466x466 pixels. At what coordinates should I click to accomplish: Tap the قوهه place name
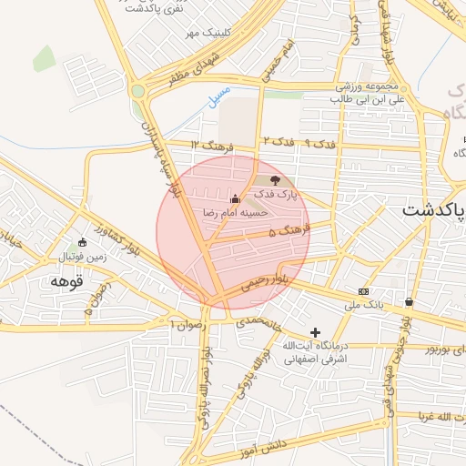tap(66, 280)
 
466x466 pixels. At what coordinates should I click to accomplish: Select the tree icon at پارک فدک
tap(276, 181)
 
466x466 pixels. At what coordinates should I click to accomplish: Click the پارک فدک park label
tap(275, 195)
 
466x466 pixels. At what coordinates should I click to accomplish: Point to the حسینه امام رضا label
tap(236, 212)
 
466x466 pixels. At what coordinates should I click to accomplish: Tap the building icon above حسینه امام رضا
tap(236, 198)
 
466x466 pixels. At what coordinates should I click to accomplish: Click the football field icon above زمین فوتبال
tap(83, 243)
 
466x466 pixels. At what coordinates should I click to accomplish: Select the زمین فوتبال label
tap(84, 258)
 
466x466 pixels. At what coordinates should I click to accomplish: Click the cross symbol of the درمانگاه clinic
tap(316, 333)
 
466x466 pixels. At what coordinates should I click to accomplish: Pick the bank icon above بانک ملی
tap(364, 291)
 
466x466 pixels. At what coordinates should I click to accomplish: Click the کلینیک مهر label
tap(205, 33)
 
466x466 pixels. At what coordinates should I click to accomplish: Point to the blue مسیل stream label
tap(219, 97)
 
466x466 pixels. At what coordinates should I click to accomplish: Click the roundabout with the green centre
tap(138, 90)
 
